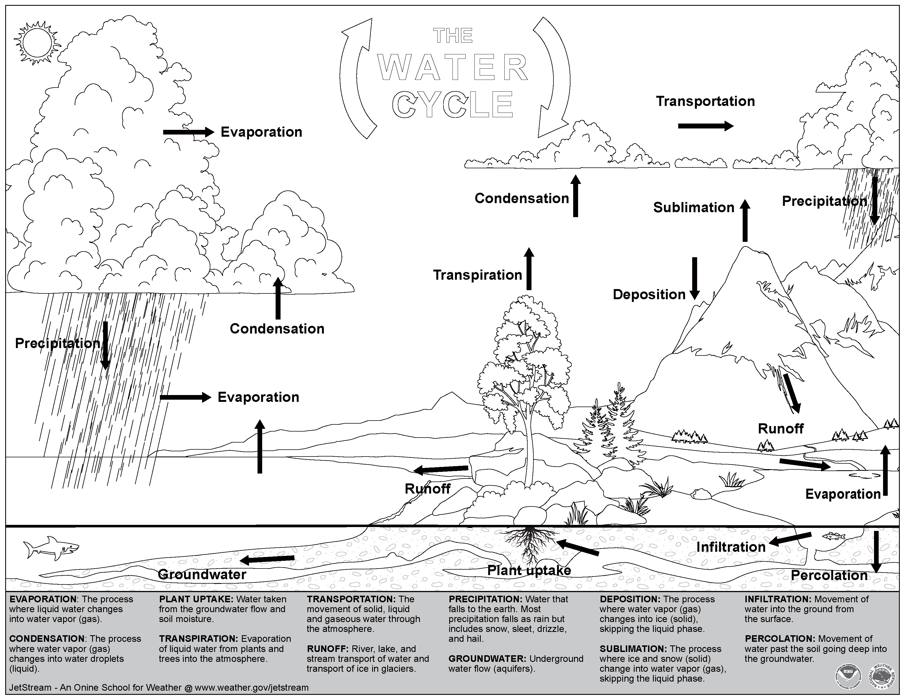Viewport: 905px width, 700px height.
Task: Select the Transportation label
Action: pyautogui.click(x=705, y=101)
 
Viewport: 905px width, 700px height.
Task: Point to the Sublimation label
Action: pyautogui.click(x=693, y=207)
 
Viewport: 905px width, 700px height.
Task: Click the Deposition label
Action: pyautogui.click(x=649, y=295)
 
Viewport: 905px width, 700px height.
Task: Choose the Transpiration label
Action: pyautogui.click(x=477, y=275)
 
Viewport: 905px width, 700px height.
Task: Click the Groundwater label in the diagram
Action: pyautogui.click(x=202, y=574)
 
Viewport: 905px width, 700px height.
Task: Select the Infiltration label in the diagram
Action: pyautogui.click(x=731, y=547)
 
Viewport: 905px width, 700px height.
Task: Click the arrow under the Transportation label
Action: pyautogui.click(x=705, y=126)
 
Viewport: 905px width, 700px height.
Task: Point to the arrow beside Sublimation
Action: pyautogui.click(x=745, y=221)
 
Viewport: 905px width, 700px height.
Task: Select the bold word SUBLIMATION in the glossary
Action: pyautogui.click(x=633, y=649)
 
